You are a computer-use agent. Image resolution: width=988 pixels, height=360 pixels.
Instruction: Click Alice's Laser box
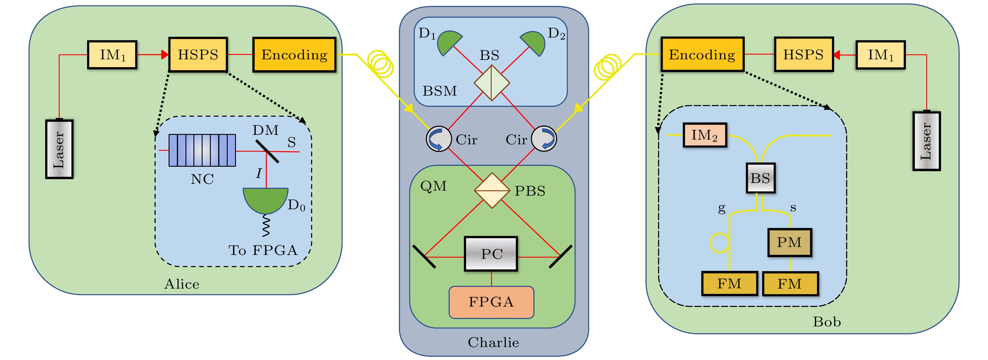tap(59, 149)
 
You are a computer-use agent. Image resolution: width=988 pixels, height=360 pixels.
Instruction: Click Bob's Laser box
tap(926, 141)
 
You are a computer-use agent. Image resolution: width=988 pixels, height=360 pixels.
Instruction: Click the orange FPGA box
tap(491, 302)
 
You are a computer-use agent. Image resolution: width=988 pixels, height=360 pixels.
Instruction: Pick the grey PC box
tap(491, 254)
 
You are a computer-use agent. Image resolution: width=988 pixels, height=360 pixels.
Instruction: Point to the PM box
tap(789, 242)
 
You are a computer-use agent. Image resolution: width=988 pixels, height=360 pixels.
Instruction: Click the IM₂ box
tap(705, 135)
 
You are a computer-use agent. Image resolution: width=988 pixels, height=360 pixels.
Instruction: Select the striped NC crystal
tap(202, 150)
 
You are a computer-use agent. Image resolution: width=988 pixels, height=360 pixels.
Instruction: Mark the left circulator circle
tap(438, 139)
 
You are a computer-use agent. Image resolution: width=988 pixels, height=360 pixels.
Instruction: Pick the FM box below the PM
tap(790, 284)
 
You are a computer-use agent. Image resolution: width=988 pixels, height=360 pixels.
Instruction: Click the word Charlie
tap(493, 342)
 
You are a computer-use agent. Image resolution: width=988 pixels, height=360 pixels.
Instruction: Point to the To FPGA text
tap(263, 250)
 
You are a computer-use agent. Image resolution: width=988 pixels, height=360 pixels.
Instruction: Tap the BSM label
tap(440, 91)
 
